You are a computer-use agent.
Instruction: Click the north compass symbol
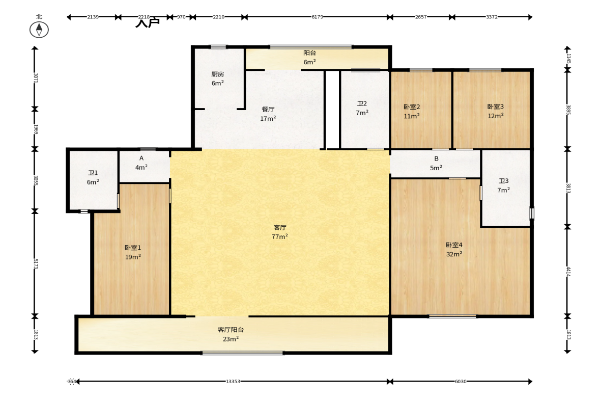click(39, 30)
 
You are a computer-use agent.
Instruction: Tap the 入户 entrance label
click(147, 23)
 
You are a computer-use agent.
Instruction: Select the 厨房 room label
click(218, 78)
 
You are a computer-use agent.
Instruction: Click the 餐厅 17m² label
click(268, 114)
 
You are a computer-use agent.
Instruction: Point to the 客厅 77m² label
click(280, 232)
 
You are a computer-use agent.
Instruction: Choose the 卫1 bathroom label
click(93, 177)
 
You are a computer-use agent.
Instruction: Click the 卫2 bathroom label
click(362, 108)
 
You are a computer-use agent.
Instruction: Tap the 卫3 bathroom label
click(503, 185)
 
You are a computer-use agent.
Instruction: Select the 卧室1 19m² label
click(133, 252)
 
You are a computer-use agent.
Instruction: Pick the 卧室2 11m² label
click(412, 111)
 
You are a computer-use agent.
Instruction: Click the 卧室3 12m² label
click(495, 111)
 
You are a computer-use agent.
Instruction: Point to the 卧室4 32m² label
click(454, 249)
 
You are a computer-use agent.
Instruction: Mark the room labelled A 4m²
click(141, 163)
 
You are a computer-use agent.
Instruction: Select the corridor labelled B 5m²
click(436, 163)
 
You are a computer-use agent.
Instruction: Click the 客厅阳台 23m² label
click(231, 334)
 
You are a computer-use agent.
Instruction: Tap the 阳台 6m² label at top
click(309, 57)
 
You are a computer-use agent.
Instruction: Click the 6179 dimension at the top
click(317, 17)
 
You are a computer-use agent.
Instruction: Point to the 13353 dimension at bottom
click(233, 381)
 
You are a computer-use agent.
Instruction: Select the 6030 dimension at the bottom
click(460, 381)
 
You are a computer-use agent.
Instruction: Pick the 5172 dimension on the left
click(35, 263)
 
